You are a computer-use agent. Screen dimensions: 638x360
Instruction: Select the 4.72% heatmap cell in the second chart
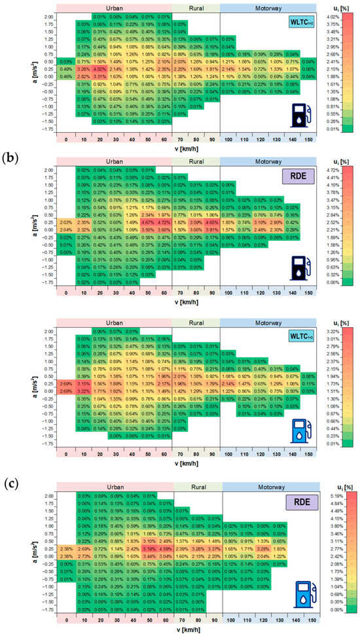164,222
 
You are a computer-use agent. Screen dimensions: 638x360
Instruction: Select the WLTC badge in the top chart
300,23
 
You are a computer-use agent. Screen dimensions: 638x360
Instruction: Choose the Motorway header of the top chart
268,6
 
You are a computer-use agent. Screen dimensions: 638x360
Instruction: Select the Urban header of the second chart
115,160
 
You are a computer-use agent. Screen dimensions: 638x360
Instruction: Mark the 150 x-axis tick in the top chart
308,139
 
